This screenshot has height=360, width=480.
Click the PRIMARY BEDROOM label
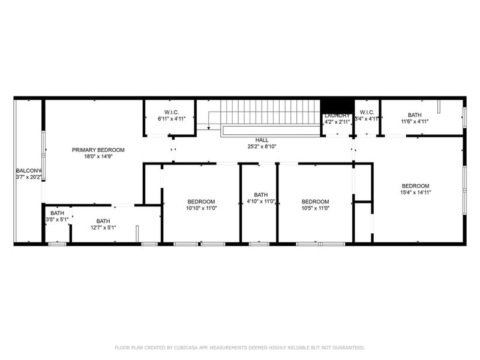coord(98,150)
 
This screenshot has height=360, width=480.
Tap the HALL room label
coord(262,140)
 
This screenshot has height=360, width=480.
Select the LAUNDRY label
coord(337,115)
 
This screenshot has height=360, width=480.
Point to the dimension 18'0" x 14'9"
coord(98,157)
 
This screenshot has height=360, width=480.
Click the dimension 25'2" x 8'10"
coord(262,146)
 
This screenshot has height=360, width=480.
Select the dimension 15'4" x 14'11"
coord(415,193)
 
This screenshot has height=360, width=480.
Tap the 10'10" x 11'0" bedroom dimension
coord(201,208)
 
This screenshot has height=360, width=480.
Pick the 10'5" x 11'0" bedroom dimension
coord(315,208)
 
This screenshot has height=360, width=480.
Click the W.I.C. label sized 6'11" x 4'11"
coord(171,112)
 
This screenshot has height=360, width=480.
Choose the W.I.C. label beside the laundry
coord(367,112)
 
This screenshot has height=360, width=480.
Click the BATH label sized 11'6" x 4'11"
coord(415,115)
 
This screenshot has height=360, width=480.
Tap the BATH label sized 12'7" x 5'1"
coord(103,221)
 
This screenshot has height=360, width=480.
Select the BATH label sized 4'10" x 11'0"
coord(260,194)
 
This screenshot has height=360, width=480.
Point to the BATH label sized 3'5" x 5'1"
coord(57,213)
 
